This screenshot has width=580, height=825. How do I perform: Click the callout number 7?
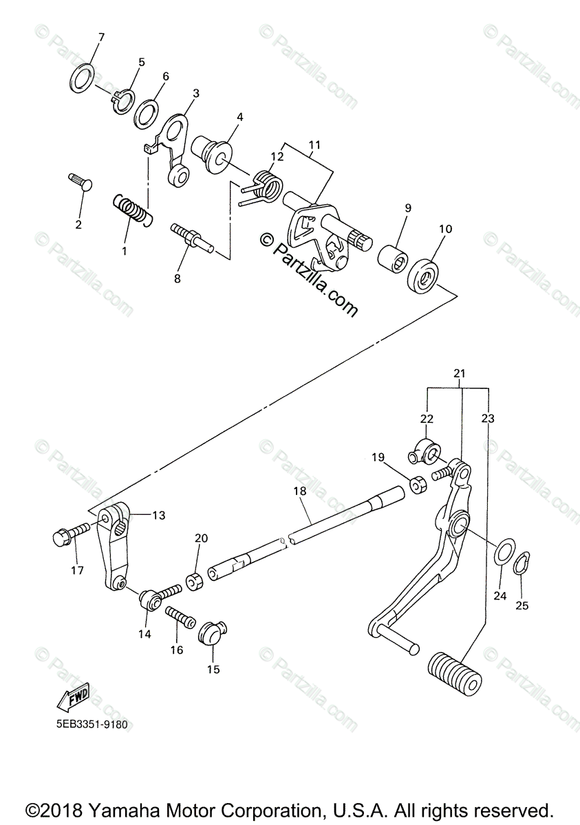coord(100,36)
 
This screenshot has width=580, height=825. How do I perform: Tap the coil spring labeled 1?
coord(133,208)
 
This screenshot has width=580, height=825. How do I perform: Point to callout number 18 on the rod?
coord(298,492)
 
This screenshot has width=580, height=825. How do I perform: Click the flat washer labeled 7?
coord(82,77)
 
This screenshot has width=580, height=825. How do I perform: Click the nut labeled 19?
coord(417,485)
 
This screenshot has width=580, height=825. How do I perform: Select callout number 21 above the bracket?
coord(459,373)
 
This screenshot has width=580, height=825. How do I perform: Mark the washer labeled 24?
coord(502,552)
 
